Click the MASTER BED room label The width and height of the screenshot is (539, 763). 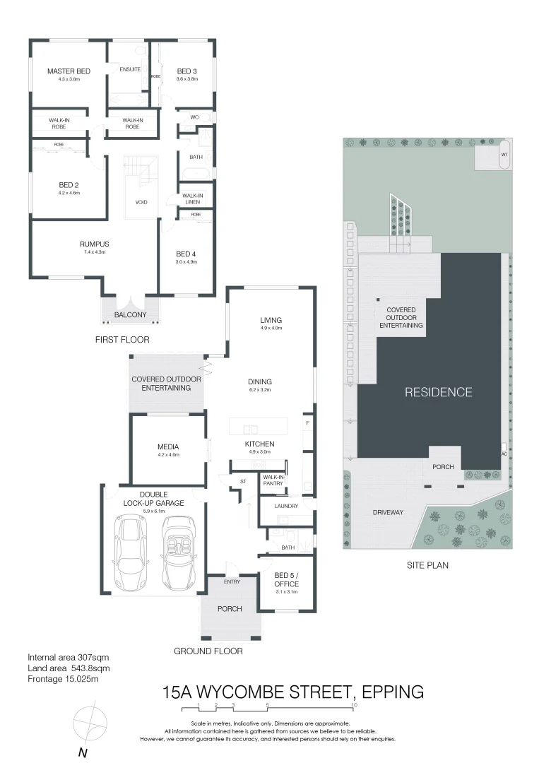(x=69, y=71)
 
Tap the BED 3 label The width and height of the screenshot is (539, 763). (x=186, y=71)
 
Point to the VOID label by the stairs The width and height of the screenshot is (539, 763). (x=141, y=202)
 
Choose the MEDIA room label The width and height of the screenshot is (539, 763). (x=168, y=446)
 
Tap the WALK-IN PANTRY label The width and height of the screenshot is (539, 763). (x=273, y=480)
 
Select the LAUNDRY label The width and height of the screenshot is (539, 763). (x=285, y=506)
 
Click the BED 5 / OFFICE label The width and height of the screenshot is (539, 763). (x=287, y=580)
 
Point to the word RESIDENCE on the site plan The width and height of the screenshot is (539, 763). (x=438, y=392)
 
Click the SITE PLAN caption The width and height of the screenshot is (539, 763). (x=427, y=565)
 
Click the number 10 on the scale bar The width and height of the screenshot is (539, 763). (x=354, y=705)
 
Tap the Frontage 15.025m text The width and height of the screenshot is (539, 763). (x=63, y=679)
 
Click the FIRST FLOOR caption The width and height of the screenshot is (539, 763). (x=122, y=340)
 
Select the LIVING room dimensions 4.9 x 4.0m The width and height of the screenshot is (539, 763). (x=271, y=328)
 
